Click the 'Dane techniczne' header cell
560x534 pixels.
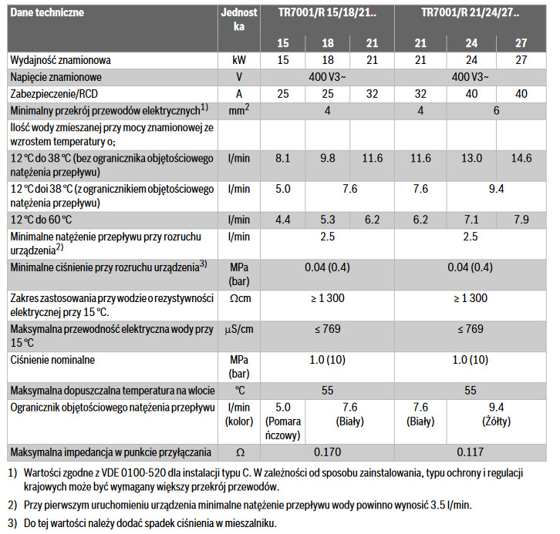click(47, 13)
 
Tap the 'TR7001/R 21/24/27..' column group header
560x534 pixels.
click(471, 13)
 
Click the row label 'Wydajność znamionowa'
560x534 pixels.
click(62, 60)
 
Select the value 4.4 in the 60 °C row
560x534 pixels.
click(282, 220)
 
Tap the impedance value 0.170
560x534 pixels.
click(326, 450)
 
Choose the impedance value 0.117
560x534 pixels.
click(471, 450)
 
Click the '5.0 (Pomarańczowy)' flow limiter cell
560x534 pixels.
click(283, 421)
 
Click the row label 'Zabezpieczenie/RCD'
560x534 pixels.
click(58, 93)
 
